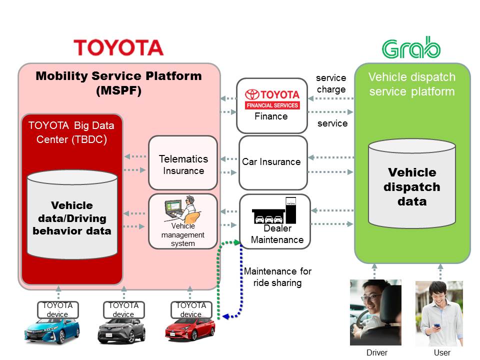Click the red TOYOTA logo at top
pyautogui.click(x=118, y=47)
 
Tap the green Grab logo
pyautogui.click(x=411, y=48)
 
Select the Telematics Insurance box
pyautogui.click(x=183, y=164)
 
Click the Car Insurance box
pyautogui.click(x=271, y=162)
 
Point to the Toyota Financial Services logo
pyautogui.click(x=272, y=98)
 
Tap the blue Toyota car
pyautogui.click(x=52, y=330)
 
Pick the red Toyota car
pyautogui.click(x=190, y=330)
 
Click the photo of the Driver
pyautogui.click(x=376, y=312)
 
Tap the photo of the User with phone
pyautogui.click(x=439, y=312)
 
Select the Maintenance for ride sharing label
pyautogui.click(x=277, y=277)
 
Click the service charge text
pyautogui.click(x=331, y=83)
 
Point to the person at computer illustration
pyautogui.click(x=182, y=210)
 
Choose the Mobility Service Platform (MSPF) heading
pyautogui.click(x=119, y=83)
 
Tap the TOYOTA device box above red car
pyautogui.click(x=190, y=309)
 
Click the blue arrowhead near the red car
pyautogui.click(x=225, y=316)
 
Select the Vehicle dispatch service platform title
pyautogui.click(x=412, y=84)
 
